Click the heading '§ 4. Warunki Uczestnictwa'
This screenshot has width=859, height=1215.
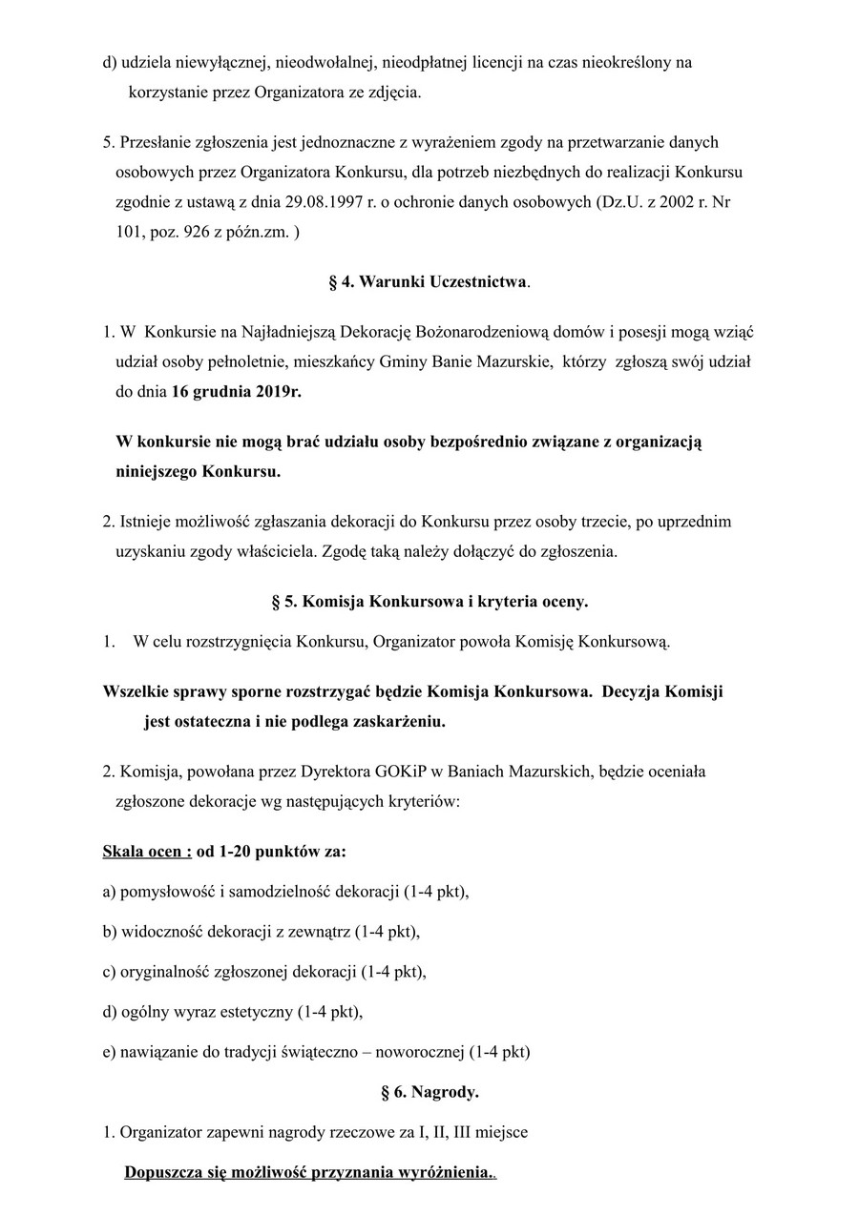click(x=429, y=282)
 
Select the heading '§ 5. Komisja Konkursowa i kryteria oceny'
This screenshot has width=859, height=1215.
click(x=429, y=602)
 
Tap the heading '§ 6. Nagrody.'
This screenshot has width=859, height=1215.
click(x=429, y=1092)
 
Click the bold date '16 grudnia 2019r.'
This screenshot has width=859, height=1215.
click(x=236, y=391)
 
